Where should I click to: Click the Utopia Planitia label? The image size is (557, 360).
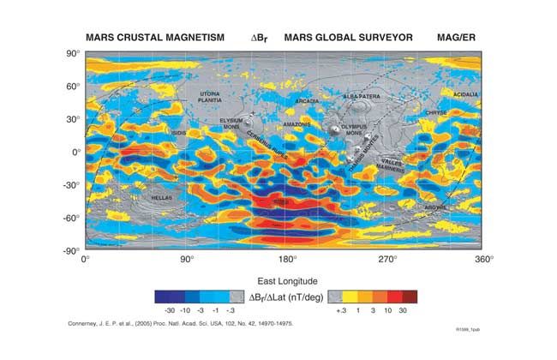point(209,96)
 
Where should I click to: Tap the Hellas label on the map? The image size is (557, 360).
point(162,197)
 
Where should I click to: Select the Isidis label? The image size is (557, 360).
point(179,133)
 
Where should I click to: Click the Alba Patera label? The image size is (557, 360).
point(362,97)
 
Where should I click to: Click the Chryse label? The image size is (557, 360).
point(437,112)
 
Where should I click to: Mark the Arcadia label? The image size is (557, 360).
point(306,100)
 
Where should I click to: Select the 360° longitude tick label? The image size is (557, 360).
point(487,259)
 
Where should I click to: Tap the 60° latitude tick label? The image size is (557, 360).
point(72,87)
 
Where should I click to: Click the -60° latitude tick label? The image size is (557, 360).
point(70,218)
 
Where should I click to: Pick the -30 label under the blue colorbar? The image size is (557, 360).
point(171,309)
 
